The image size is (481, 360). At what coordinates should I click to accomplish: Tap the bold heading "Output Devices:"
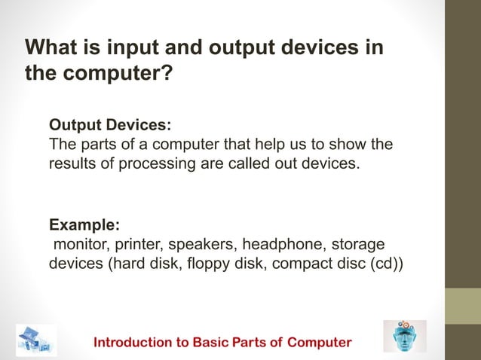click(x=110, y=124)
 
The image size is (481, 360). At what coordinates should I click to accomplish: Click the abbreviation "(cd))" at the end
click(x=386, y=265)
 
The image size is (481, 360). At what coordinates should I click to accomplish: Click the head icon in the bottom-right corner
click(x=404, y=336)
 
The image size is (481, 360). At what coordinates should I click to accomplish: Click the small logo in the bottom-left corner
click(x=35, y=340)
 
